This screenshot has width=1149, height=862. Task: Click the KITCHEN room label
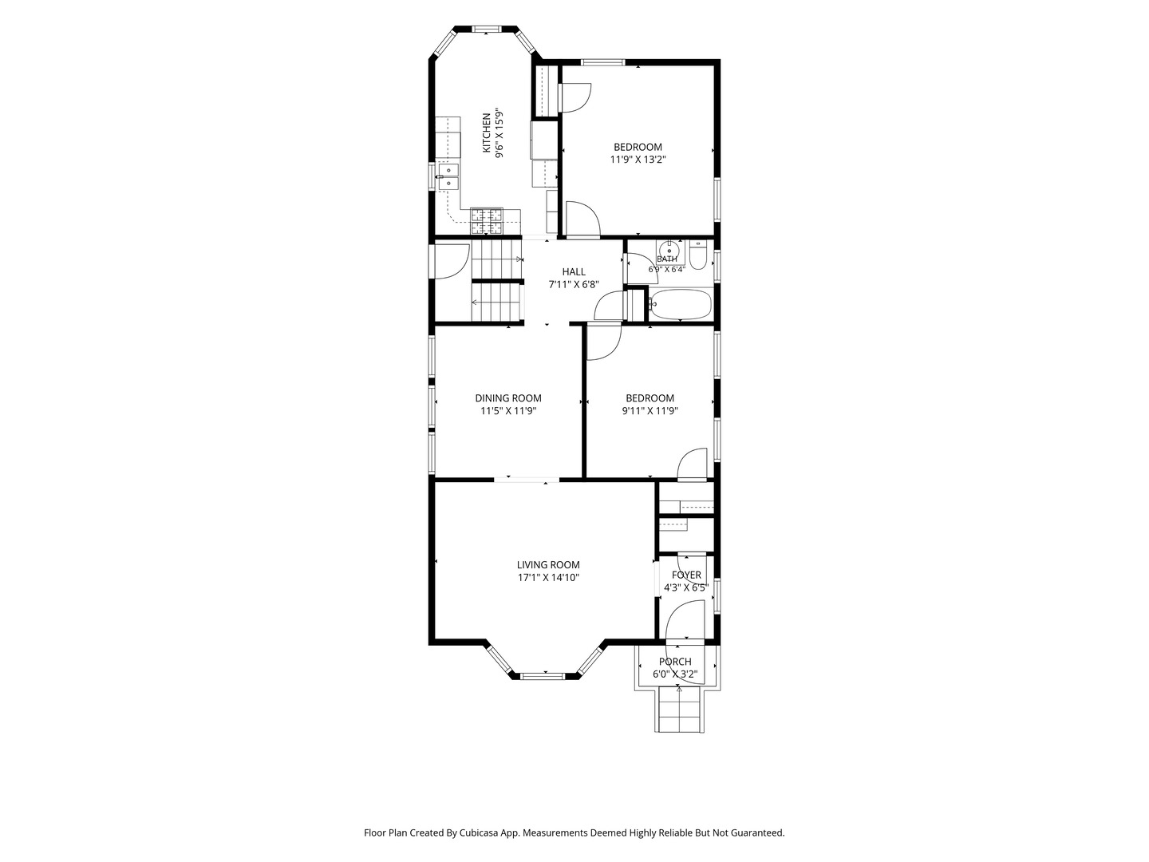[x=487, y=133]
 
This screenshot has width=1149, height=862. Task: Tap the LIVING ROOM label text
[x=548, y=565]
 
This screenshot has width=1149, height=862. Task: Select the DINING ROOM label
[x=508, y=398]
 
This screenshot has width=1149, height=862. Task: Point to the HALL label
[x=574, y=271]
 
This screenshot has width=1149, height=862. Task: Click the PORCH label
[x=675, y=662]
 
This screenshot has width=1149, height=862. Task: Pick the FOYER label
[x=686, y=575]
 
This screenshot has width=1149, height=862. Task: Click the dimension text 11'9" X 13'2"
[x=638, y=160]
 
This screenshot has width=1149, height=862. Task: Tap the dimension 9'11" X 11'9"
[x=650, y=411]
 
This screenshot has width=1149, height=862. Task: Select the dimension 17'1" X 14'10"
[x=548, y=578]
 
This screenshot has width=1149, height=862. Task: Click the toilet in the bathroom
[x=698, y=255]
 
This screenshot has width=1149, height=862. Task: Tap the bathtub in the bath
[x=681, y=304]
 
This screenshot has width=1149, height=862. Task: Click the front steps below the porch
[x=679, y=710]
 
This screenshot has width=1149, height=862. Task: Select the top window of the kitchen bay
[x=487, y=29]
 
